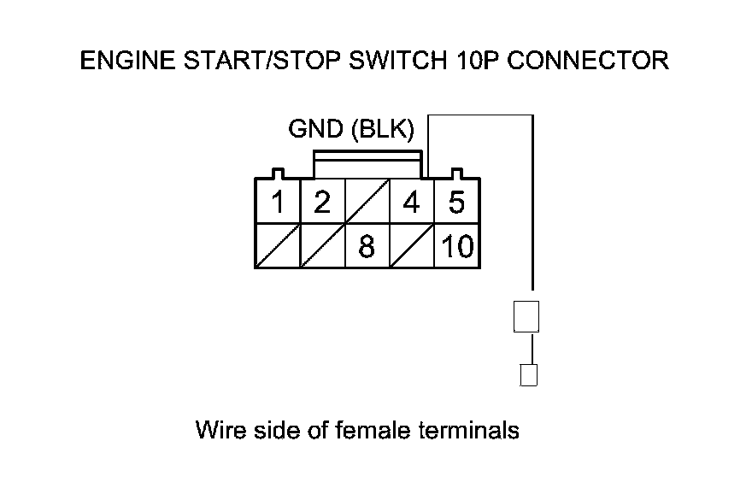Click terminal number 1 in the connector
(278, 203)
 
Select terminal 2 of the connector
(321, 203)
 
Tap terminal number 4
(411, 203)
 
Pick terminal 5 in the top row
(456, 203)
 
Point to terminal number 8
(366, 247)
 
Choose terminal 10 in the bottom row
(457, 247)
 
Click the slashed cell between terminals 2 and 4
(366, 203)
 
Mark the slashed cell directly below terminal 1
(278, 247)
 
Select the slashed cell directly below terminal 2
(321, 247)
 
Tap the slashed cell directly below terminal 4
(411, 247)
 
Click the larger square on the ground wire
(526, 316)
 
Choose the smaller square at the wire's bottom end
(528, 374)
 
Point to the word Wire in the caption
(218, 429)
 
